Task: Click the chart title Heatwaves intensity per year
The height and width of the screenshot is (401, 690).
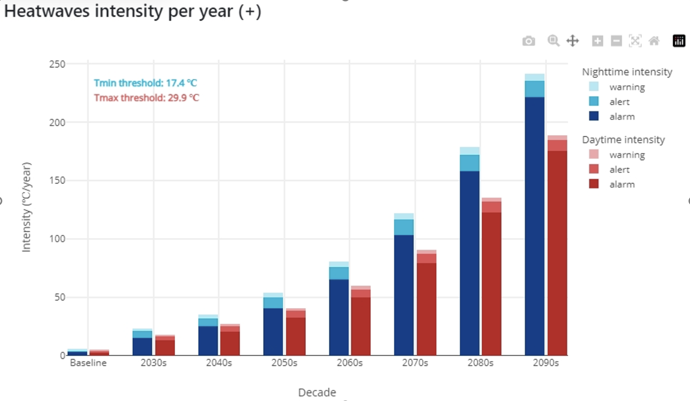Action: click(x=132, y=11)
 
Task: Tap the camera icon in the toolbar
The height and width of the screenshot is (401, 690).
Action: click(x=529, y=41)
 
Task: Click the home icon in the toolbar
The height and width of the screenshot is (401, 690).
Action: click(x=654, y=41)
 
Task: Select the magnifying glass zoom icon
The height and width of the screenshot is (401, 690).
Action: click(x=553, y=41)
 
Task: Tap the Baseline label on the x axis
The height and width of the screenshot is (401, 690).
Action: click(x=88, y=363)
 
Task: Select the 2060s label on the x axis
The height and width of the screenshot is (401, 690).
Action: click(x=350, y=363)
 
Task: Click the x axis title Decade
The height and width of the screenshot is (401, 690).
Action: click(x=317, y=392)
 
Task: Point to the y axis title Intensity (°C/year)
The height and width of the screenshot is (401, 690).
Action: click(x=26, y=207)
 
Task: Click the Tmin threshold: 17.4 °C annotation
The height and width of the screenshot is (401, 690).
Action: click(x=145, y=83)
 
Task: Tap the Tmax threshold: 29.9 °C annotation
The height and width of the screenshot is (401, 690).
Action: click(x=146, y=98)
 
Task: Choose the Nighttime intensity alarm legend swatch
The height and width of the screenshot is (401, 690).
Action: click(x=594, y=116)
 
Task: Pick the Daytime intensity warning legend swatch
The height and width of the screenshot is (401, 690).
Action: click(x=594, y=155)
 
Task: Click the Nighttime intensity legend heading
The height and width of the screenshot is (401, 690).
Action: click(x=627, y=72)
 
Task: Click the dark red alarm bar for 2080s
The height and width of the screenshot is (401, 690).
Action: click(x=491, y=284)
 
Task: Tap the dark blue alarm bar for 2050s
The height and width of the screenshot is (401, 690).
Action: click(x=273, y=332)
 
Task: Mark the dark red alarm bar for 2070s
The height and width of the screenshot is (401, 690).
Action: click(x=426, y=309)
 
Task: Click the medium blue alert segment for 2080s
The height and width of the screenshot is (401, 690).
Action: click(x=469, y=163)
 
